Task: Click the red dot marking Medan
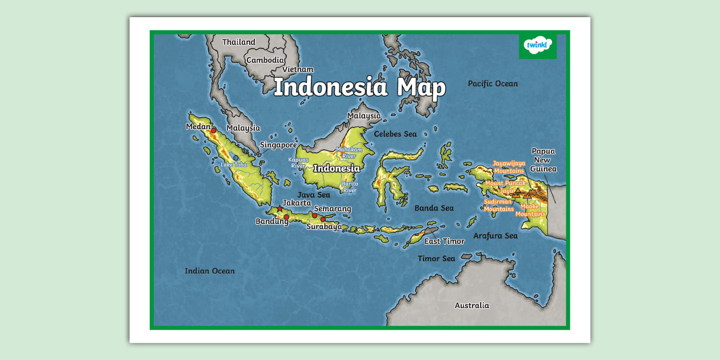214,131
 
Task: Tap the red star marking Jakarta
279,209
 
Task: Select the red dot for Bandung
286,217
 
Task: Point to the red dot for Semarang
314,215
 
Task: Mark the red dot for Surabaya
323,219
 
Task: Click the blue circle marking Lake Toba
235,158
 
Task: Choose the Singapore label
278,145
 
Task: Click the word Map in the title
421,87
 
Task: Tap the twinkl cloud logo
538,45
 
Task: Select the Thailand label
239,42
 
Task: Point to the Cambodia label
265,60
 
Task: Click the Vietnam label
298,69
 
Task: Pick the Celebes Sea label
395,134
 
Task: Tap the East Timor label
444,241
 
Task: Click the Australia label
472,305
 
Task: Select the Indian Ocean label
210,271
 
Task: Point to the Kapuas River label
298,163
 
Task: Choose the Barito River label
350,187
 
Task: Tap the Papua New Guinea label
543,160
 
